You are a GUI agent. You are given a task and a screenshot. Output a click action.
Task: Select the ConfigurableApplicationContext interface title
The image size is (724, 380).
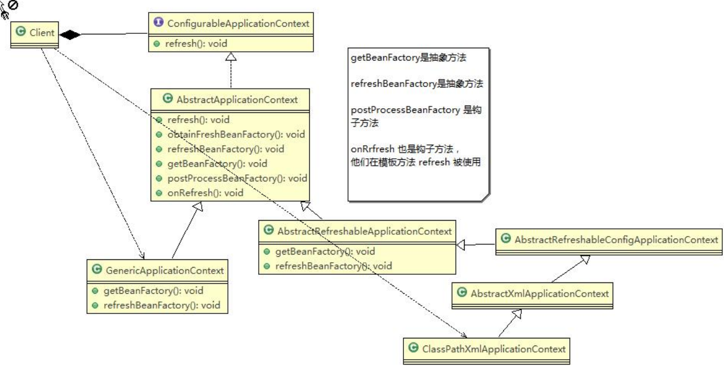point(238,24)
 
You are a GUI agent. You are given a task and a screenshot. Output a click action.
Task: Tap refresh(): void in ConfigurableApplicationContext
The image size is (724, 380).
point(196,43)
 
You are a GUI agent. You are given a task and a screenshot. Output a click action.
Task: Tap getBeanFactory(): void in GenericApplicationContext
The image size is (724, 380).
point(153,291)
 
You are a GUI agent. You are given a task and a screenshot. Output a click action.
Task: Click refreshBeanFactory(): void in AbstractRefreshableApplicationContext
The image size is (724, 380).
point(333,266)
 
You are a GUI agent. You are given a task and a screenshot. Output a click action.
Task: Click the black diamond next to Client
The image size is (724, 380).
point(70,34)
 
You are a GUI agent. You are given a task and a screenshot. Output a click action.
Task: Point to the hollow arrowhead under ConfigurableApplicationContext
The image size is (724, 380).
point(231,57)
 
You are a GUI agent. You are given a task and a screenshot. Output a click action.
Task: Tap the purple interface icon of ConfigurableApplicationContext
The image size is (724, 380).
point(158,24)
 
